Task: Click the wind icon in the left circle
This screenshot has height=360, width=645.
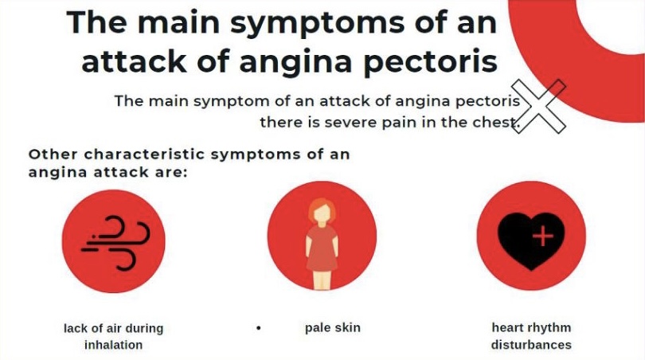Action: coord(115,243)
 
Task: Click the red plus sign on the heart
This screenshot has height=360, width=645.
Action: coord(543,237)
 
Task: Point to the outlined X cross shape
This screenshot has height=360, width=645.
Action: coord(538,106)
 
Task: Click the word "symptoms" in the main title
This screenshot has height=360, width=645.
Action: coord(317,23)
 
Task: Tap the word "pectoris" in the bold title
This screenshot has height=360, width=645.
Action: coord(431,61)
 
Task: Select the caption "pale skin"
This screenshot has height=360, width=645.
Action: coord(332,328)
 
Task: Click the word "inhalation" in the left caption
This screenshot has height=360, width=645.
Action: coord(114,344)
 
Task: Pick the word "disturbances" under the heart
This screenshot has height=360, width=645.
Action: coord(531,344)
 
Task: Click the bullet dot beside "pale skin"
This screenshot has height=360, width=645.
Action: coord(258,328)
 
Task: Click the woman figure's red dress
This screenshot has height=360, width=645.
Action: coord(322,247)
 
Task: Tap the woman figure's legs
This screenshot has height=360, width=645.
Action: coord(322,280)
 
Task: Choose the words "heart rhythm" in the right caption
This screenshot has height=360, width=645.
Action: coord(531,327)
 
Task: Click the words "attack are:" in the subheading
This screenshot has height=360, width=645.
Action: coord(140,172)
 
